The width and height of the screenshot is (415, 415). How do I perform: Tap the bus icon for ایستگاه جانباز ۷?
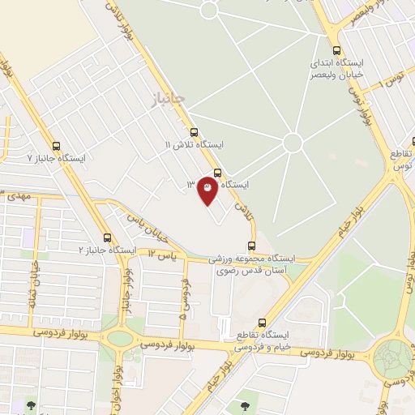click(55, 147)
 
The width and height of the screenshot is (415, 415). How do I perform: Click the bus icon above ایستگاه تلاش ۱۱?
click(193, 132)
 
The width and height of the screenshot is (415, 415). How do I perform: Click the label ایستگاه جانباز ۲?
click(107, 250)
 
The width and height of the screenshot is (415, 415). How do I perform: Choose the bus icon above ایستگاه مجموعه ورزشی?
click(251, 245)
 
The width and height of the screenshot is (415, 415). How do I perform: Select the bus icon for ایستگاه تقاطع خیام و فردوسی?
click(261, 323)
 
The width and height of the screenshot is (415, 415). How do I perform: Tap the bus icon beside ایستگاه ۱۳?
click(216, 172)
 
